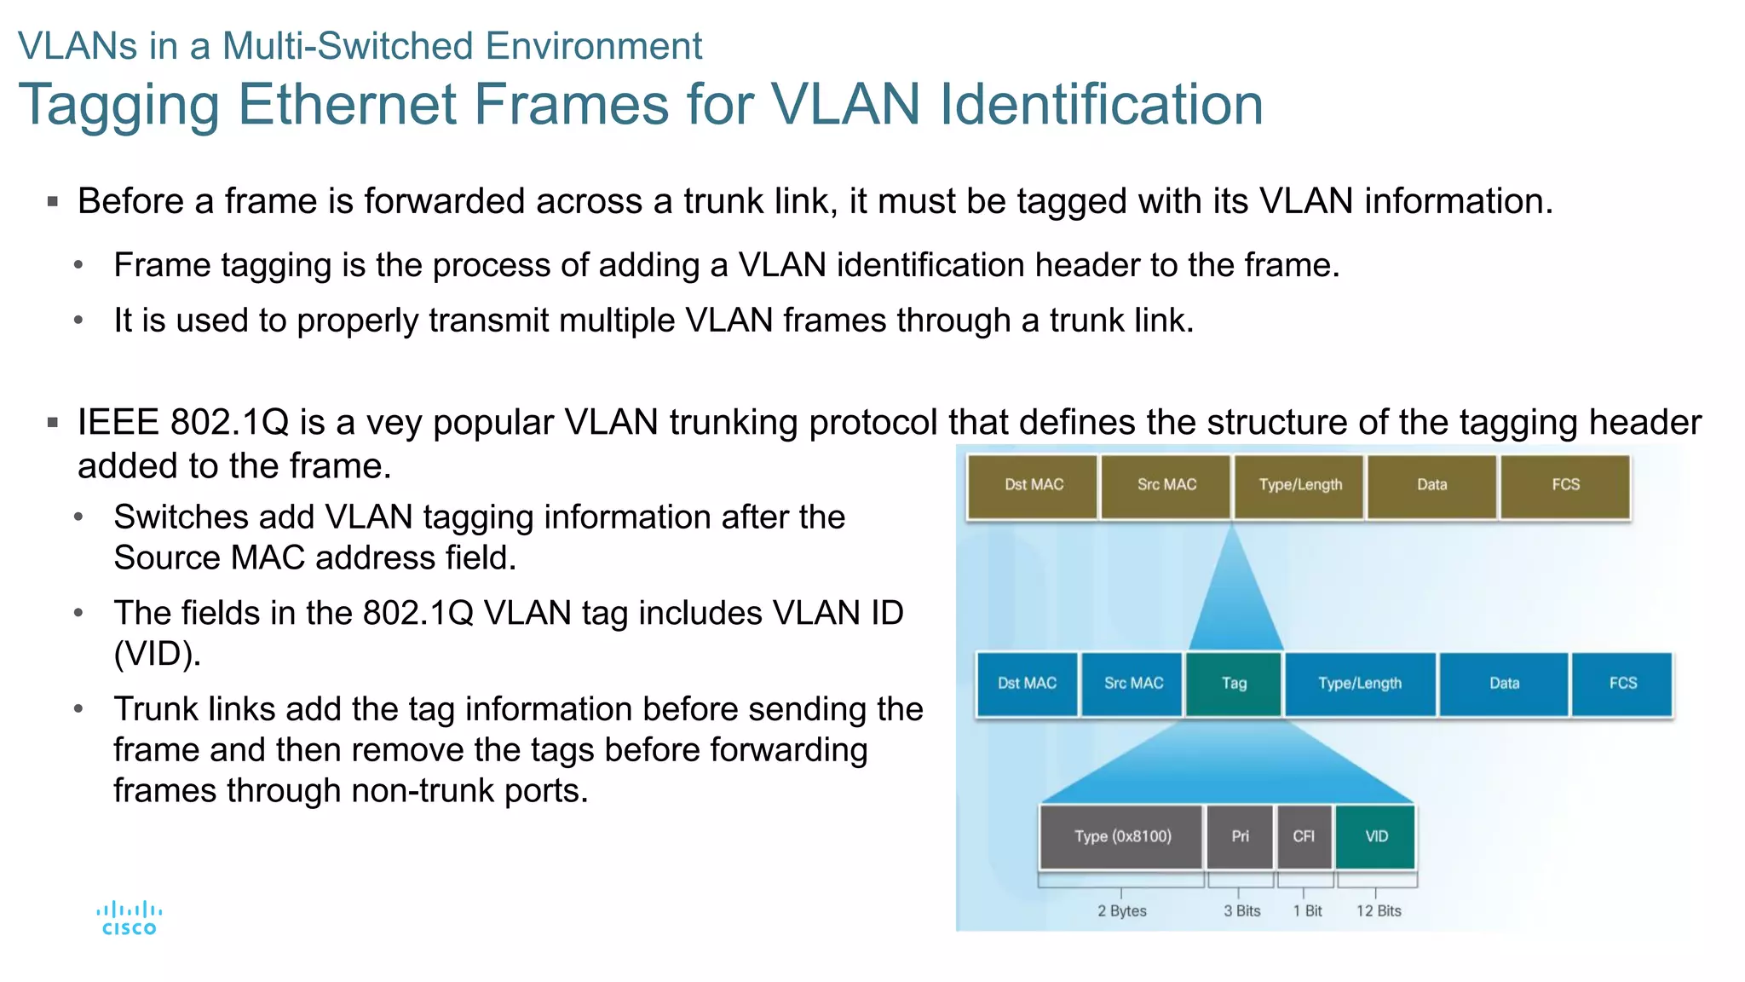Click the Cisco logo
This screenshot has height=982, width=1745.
129,919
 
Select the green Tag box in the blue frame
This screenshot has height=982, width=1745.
1233,684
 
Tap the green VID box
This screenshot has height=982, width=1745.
1376,836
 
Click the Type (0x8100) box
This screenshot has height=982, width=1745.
1121,836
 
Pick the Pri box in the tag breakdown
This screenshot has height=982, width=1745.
1240,836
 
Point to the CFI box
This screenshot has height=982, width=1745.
1304,836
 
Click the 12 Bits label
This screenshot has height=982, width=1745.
1379,910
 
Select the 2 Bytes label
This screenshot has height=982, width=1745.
1121,910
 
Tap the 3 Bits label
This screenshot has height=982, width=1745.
1241,910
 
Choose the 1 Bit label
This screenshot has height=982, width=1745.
1307,910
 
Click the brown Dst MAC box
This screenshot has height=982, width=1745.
1033,485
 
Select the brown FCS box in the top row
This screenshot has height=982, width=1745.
1565,485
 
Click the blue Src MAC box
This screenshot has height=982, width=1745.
1132,684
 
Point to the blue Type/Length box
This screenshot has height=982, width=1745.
1359,684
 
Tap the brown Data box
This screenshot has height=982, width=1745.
1431,485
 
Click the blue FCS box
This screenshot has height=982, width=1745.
1622,684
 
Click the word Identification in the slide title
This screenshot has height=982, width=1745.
1101,105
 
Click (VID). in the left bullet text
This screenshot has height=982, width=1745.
158,654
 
